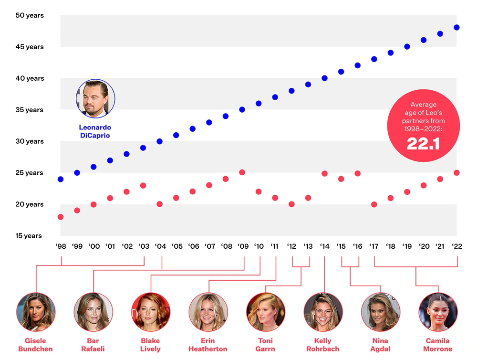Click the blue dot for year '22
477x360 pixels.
tap(456, 27)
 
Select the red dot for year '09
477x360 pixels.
tap(242, 172)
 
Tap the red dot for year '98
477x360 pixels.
tap(61, 217)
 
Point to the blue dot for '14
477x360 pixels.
tap(324, 78)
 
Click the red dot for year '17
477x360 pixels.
tap(374, 204)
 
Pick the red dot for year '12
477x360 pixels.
tap(291, 204)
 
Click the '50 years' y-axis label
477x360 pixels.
tap(30, 16)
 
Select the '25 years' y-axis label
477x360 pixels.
tap(29, 173)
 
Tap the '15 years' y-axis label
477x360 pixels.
tap(29, 236)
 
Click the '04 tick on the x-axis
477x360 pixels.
tap(161, 246)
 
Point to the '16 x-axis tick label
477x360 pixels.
tap(357, 246)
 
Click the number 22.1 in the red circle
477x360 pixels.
tap(423, 144)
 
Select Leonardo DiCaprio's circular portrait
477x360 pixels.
tap(95, 99)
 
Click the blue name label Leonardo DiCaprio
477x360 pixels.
tap(95, 131)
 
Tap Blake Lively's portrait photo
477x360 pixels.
tap(151, 312)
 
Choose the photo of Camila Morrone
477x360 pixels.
tap(438, 312)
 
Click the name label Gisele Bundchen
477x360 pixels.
tap(35, 345)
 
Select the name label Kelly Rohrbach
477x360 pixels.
tap(323, 345)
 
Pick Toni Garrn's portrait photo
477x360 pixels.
tap(266, 312)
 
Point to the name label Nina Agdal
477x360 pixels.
tap(380, 345)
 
